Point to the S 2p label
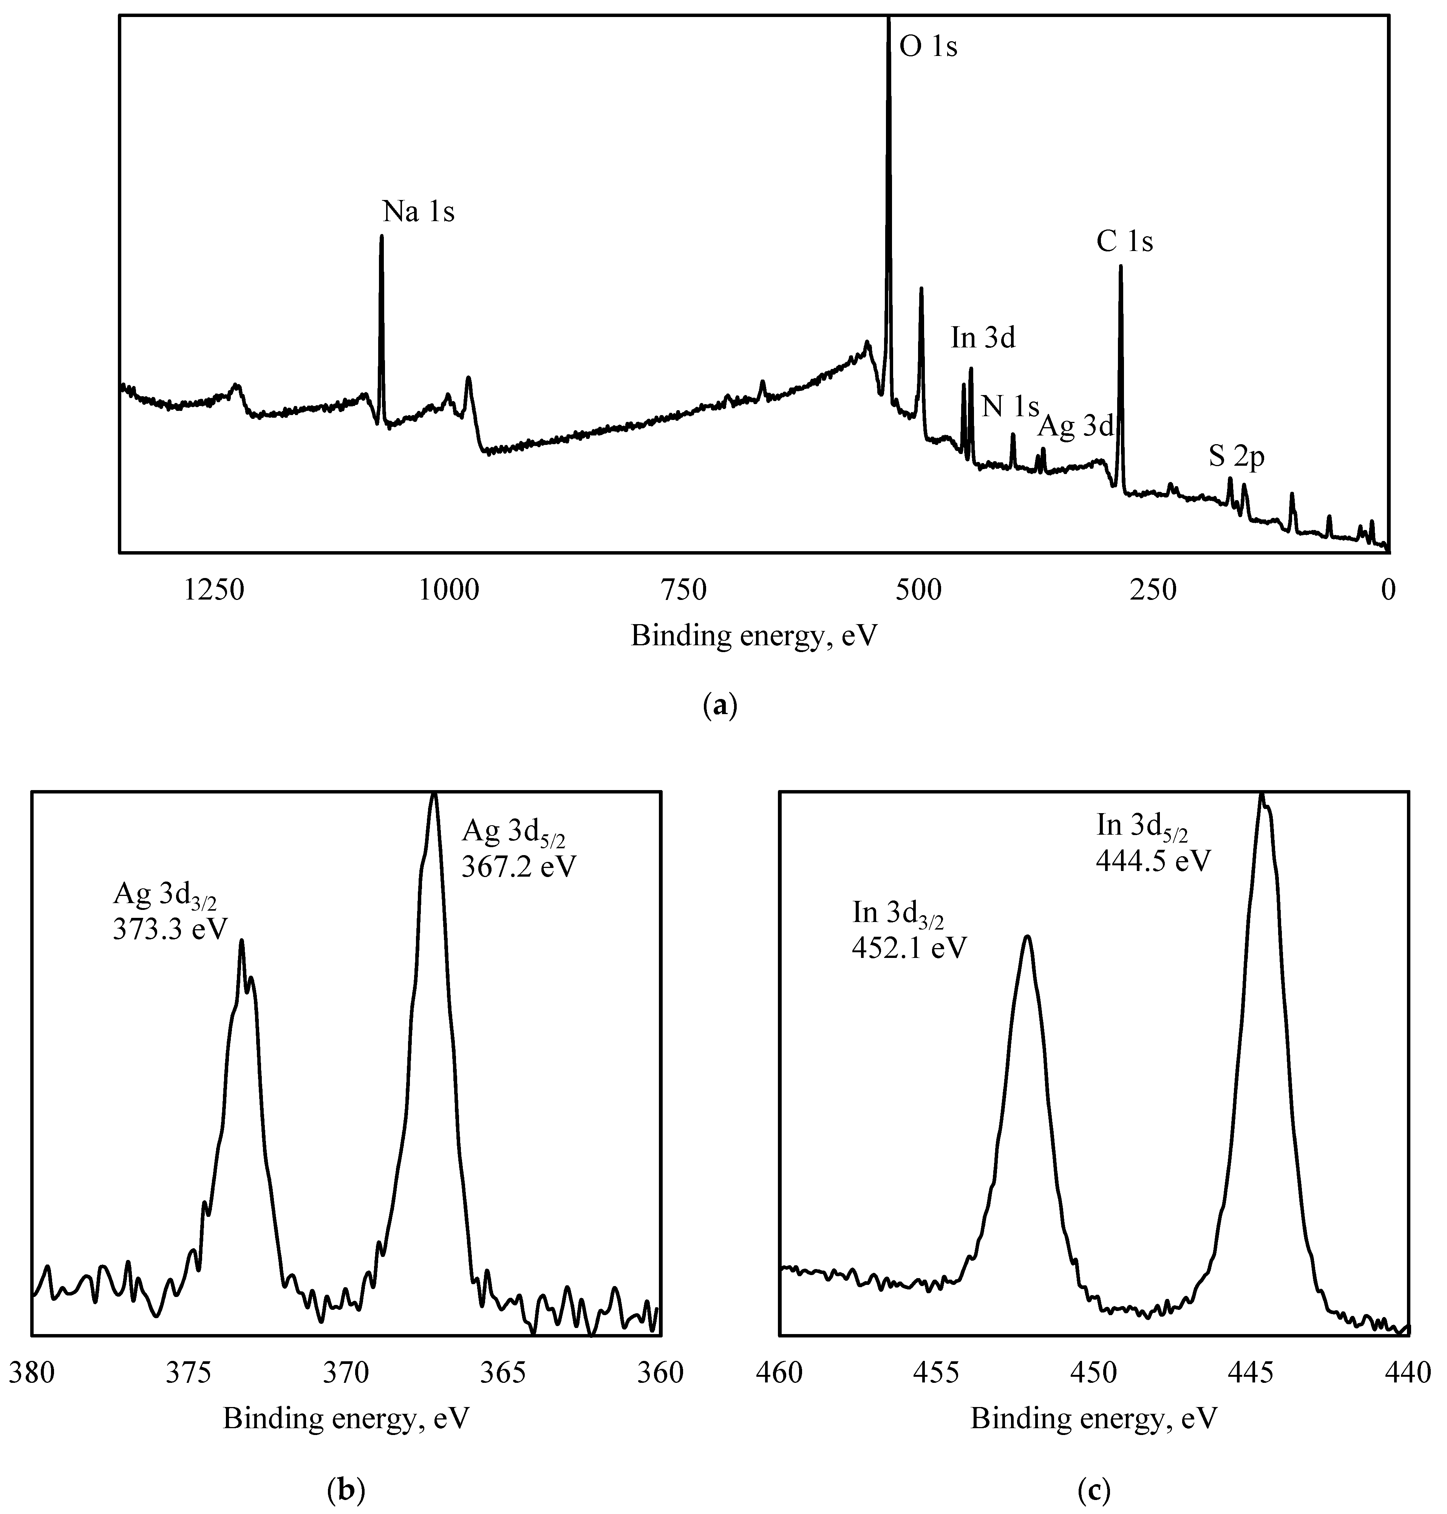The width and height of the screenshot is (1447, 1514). coord(1237,457)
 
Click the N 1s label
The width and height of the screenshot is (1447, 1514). coord(1010,407)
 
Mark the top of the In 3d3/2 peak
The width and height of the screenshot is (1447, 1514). coord(1027,937)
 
